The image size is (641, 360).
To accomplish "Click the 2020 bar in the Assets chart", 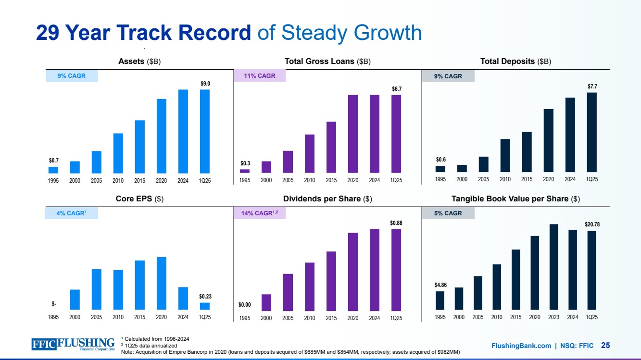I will click(x=162, y=136).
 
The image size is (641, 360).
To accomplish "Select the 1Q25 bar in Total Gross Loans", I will click(x=396, y=134).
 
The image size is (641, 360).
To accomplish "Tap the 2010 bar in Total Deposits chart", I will click(x=505, y=155).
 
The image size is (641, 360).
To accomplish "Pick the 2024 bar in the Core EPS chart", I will click(x=183, y=298).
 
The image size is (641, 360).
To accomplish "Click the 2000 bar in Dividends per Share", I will click(x=266, y=302).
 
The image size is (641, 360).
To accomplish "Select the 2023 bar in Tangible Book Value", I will click(x=553, y=267).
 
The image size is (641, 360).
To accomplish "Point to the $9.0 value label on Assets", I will click(x=205, y=84).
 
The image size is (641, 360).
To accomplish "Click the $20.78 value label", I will click(x=592, y=224).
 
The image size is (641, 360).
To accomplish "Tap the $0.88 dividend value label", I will click(x=396, y=223).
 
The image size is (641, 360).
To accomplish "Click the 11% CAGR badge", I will click(x=260, y=76).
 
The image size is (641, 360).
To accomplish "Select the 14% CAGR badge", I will click(x=260, y=213).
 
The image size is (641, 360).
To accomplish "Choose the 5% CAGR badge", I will click(x=448, y=213).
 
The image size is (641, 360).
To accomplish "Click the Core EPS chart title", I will click(x=139, y=199).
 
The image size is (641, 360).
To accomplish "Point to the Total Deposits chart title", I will click(x=515, y=62).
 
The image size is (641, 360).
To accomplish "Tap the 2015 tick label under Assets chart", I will click(x=140, y=181).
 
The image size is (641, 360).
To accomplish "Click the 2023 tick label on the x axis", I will click(x=553, y=318).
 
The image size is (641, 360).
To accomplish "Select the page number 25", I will click(x=605, y=345).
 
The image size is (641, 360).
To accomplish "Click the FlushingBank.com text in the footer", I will click(x=521, y=346).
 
